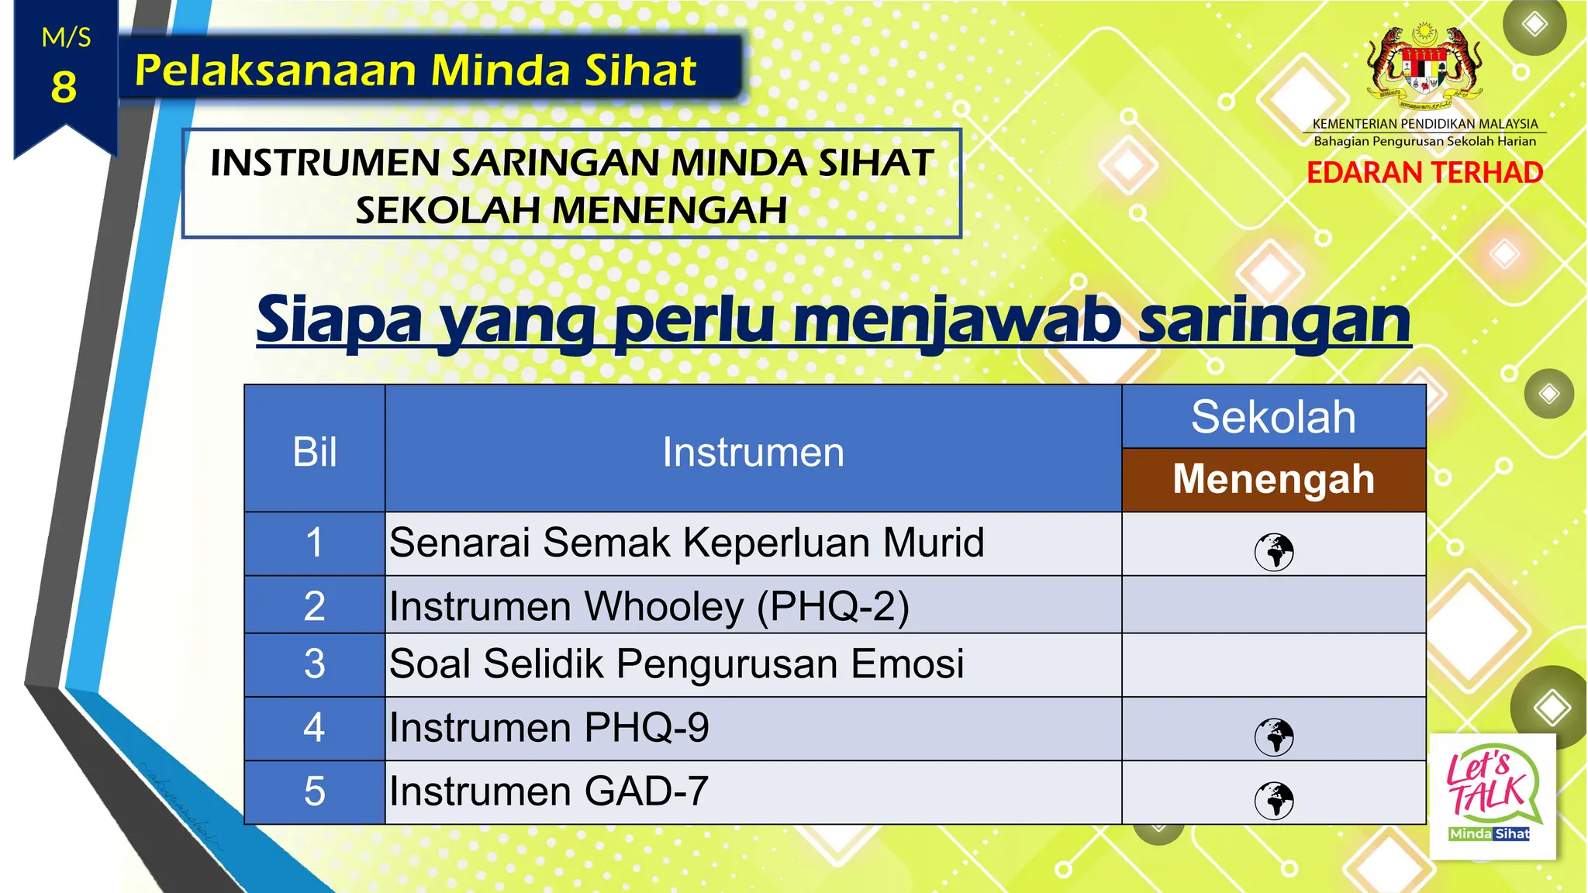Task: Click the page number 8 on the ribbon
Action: coord(64,87)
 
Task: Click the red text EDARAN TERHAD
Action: coord(1424,172)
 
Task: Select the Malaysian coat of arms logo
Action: coord(1424,67)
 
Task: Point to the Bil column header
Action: coord(314,452)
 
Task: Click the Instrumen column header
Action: coord(752,452)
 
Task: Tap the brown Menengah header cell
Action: coord(1273,479)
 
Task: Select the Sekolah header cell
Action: coord(1273,417)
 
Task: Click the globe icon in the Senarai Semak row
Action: coord(1274,552)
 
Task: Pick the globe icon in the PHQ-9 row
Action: coord(1274,736)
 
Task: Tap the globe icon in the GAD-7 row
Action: coord(1274,800)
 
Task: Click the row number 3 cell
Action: coord(314,664)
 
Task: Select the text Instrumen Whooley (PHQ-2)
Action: coord(648,606)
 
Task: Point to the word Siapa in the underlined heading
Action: coord(339,320)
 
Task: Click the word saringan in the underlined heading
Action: coord(1273,320)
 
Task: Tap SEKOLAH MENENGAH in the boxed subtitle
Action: coord(571,210)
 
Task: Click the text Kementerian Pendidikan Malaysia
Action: coord(1424,124)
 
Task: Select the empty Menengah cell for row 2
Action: coord(1273,605)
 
